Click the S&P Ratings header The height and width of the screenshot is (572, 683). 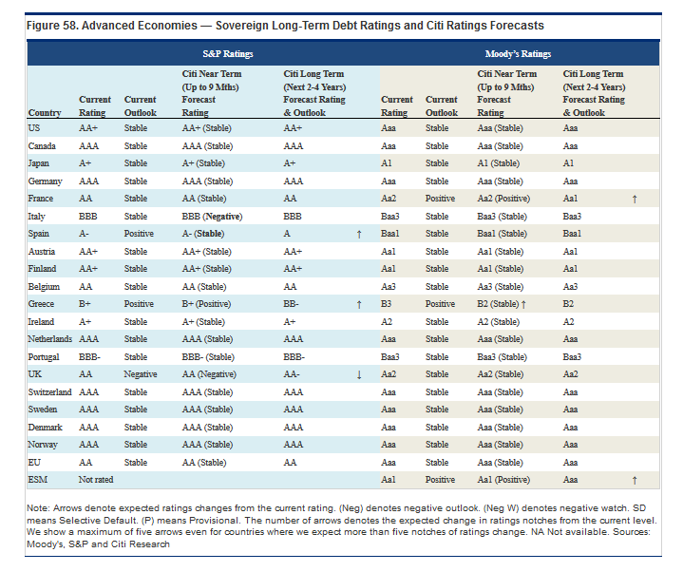(x=227, y=54)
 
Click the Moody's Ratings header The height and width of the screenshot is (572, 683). (x=518, y=54)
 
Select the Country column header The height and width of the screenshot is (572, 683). (x=45, y=113)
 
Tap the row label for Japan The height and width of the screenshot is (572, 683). (x=38, y=163)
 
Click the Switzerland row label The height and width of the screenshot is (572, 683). (x=49, y=392)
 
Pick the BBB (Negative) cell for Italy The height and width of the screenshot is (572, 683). (x=212, y=217)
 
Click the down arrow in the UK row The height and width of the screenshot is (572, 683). (x=359, y=374)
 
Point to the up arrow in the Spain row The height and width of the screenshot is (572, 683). (x=359, y=235)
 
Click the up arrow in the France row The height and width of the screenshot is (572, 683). (x=635, y=200)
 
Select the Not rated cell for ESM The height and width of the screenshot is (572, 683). (x=96, y=480)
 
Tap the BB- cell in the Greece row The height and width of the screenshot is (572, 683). (x=291, y=304)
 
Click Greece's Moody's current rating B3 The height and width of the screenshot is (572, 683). (x=386, y=304)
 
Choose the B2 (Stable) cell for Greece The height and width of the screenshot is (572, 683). (x=498, y=304)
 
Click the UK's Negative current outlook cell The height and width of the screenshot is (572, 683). (x=141, y=374)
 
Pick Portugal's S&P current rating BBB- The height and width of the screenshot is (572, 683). (x=89, y=357)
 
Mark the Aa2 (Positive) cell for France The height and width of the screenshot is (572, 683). (x=503, y=199)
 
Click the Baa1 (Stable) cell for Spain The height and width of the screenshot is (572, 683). (x=502, y=234)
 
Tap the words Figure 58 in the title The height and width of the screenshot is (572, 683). (x=52, y=26)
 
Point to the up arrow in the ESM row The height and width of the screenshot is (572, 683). (x=635, y=480)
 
